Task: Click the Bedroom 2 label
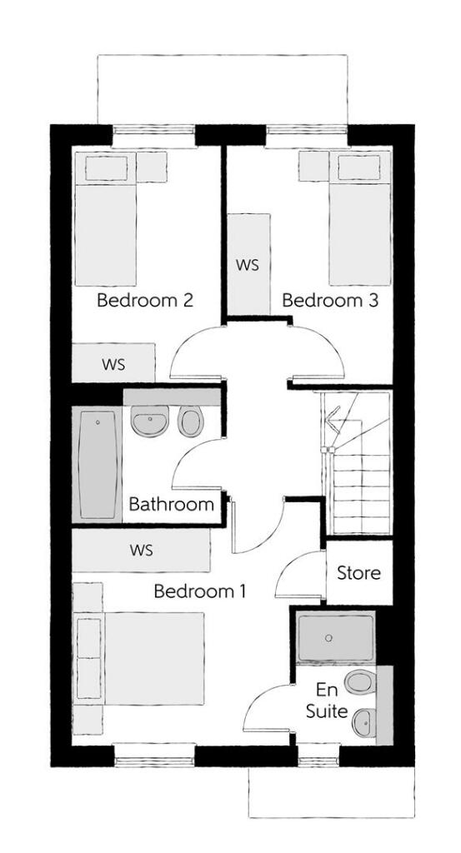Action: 145,300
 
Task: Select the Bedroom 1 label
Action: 200,592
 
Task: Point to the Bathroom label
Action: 171,504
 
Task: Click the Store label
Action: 358,573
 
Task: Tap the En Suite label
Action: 326,701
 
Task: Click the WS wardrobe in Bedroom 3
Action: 248,265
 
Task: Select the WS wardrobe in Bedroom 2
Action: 113,364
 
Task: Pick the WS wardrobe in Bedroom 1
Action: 140,550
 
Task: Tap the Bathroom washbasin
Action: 151,422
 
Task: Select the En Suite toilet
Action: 359,682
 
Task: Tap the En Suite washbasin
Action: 363,721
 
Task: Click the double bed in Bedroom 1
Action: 142,658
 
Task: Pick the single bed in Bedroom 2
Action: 106,222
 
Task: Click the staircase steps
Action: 361,491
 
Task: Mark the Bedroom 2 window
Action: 153,132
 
